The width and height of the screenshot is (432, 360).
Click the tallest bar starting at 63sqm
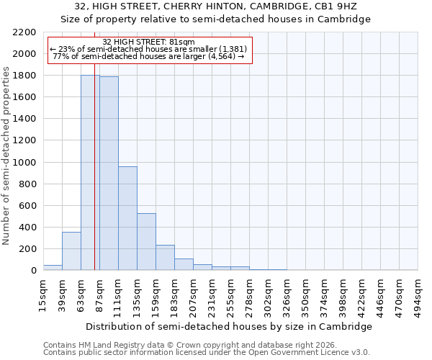point(90,173)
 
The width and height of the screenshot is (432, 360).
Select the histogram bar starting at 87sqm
point(109,174)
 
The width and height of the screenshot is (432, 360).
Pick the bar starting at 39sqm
point(71,251)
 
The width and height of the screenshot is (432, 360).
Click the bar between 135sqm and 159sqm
point(146,242)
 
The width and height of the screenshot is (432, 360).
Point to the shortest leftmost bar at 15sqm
point(53,267)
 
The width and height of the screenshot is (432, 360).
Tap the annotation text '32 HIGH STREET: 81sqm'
point(148,42)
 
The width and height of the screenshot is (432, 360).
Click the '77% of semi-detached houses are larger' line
point(148,56)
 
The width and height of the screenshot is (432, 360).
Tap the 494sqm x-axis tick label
point(418,294)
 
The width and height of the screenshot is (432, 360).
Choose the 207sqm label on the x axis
point(193,294)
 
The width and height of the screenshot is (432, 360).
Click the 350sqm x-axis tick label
point(305,294)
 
